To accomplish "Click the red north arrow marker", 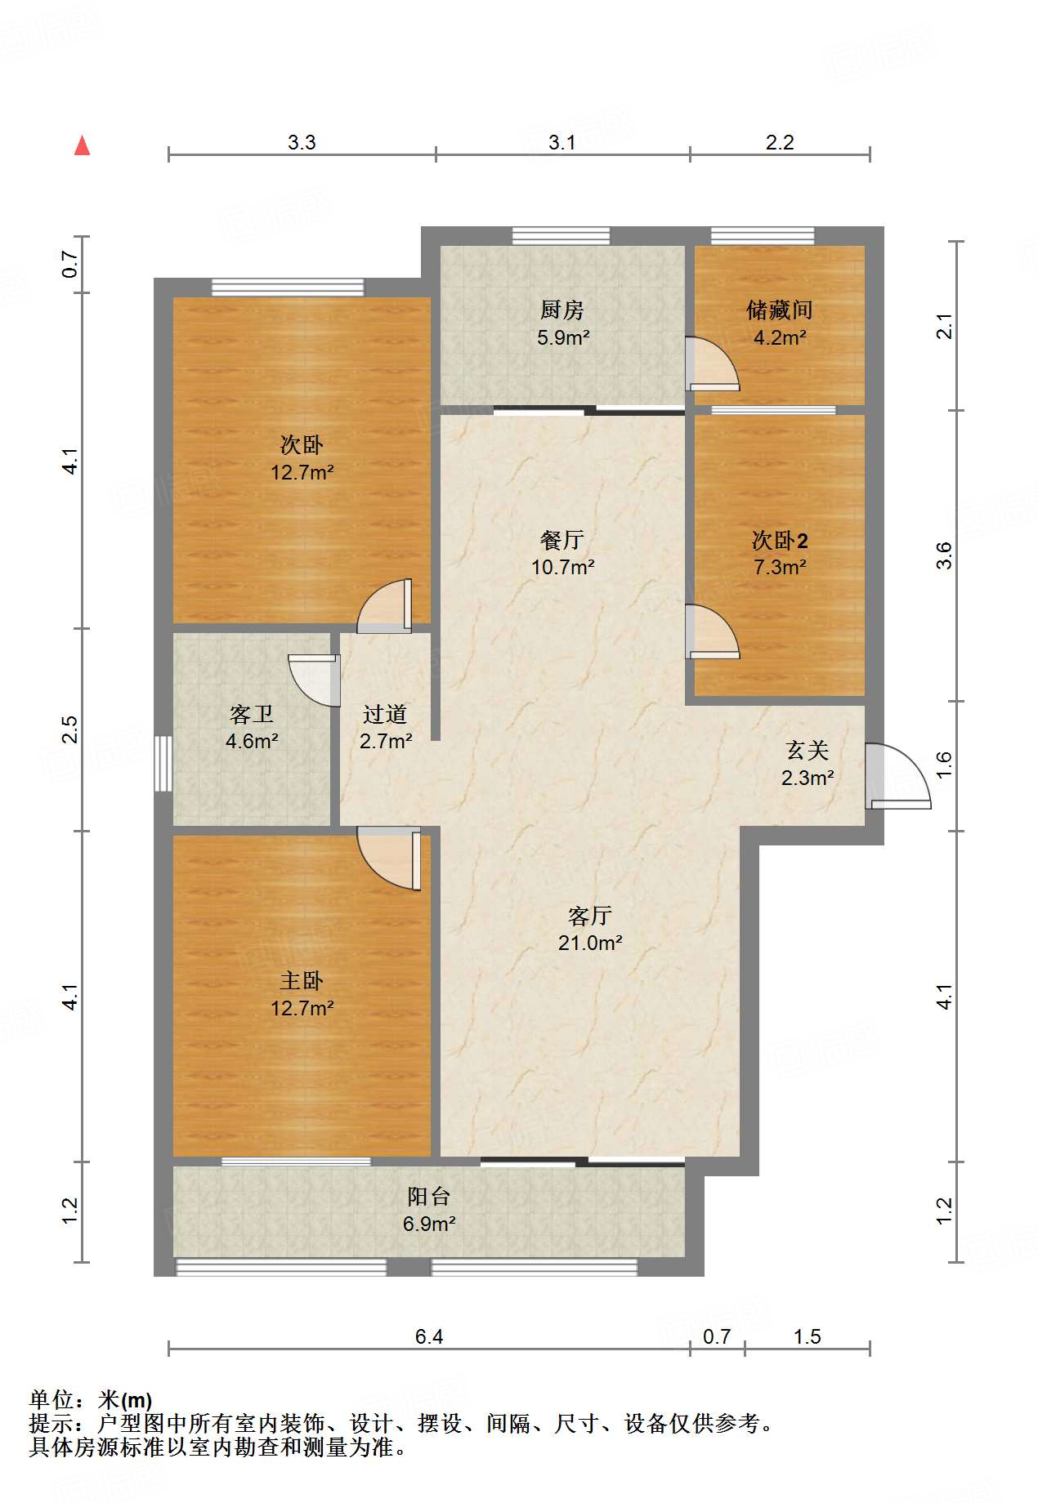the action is (83, 145).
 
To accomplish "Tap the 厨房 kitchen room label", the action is (562, 310).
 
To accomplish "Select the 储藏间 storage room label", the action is (780, 310).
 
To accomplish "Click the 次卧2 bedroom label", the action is (780, 541).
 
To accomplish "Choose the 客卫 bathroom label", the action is (252, 715).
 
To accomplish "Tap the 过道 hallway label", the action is (385, 715).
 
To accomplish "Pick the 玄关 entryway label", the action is (808, 751).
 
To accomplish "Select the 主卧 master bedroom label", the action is (302, 981).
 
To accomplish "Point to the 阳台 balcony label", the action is (429, 1197).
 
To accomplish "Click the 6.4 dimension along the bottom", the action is (429, 1337).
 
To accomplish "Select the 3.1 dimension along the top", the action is (562, 143).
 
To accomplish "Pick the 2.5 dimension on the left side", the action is (70, 729).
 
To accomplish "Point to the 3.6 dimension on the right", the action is (944, 555).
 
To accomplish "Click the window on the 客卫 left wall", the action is (163, 764).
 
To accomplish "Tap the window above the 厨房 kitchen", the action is (561, 236).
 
